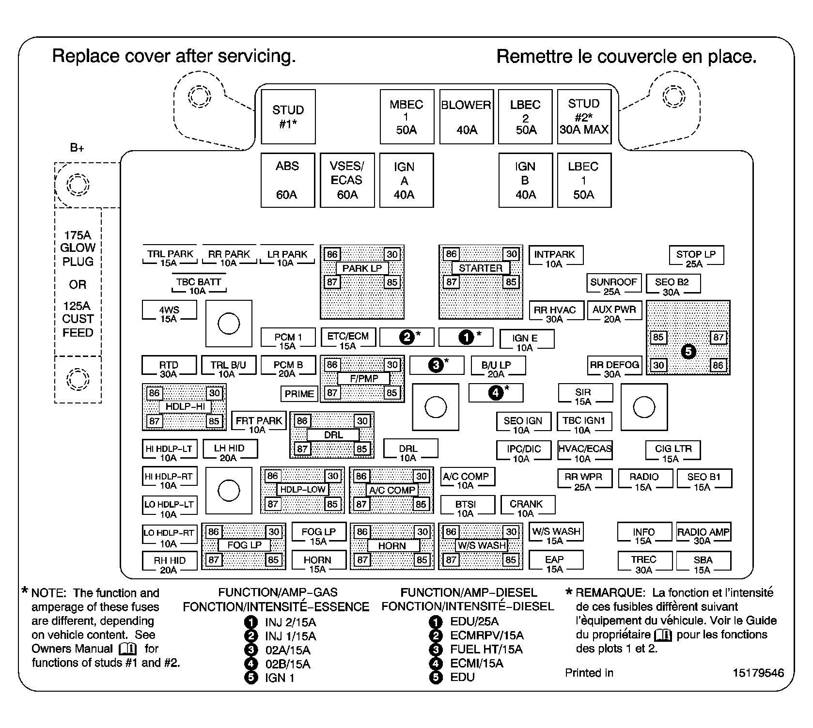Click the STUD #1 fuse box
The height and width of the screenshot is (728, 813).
pyautogui.click(x=288, y=117)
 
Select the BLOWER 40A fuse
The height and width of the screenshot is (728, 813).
pyautogui.click(x=466, y=117)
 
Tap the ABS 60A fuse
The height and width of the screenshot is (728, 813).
pyautogui.click(x=287, y=180)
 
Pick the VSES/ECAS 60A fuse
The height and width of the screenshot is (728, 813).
pyautogui.click(x=347, y=180)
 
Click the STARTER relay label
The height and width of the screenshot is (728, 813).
pyautogui.click(x=480, y=268)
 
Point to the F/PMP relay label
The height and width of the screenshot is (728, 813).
pyautogui.click(x=363, y=379)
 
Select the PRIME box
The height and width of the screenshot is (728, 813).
pyautogui.click(x=299, y=394)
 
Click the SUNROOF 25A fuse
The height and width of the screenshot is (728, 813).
pyautogui.click(x=613, y=286)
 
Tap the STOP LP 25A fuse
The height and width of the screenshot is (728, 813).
pyautogui.click(x=696, y=259)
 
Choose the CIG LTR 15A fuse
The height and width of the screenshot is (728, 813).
pyautogui.click(x=673, y=453)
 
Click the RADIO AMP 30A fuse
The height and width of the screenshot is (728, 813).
pyautogui.click(x=703, y=536)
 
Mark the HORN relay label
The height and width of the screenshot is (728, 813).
pyautogui.click(x=392, y=546)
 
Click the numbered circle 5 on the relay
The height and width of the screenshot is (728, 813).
pyautogui.click(x=688, y=351)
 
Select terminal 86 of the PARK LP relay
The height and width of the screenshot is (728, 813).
pyautogui.click(x=332, y=254)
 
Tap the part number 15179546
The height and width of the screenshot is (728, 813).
pyautogui.click(x=758, y=673)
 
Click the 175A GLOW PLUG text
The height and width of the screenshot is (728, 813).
pyautogui.click(x=78, y=248)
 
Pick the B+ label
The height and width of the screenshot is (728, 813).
pyautogui.click(x=77, y=148)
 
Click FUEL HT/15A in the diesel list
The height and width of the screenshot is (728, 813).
pyautogui.click(x=486, y=649)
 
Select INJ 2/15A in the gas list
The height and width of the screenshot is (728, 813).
pyautogui.click(x=290, y=622)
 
